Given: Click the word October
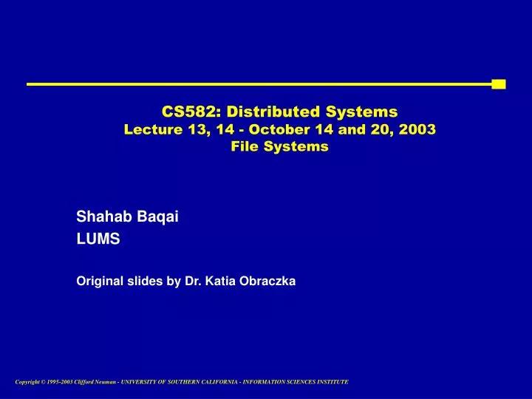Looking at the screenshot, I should pos(276,129).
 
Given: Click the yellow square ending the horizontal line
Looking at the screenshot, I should pos(498,84).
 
